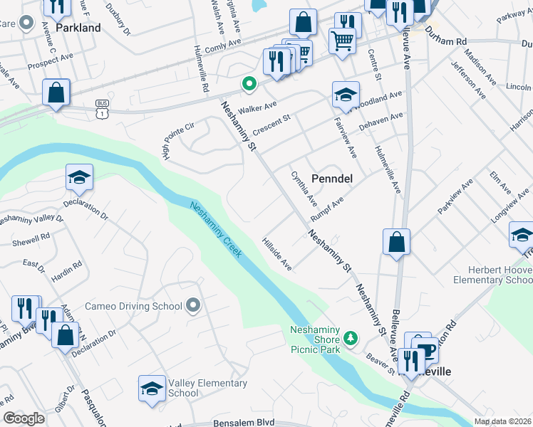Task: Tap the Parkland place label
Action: (x=78, y=28)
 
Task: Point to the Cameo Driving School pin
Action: (x=193, y=306)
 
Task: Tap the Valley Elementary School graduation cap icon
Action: (x=152, y=389)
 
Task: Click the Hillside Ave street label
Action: (x=277, y=254)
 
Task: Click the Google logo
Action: (x=24, y=418)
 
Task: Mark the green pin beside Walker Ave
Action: (x=249, y=84)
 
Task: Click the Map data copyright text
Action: (x=502, y=421)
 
